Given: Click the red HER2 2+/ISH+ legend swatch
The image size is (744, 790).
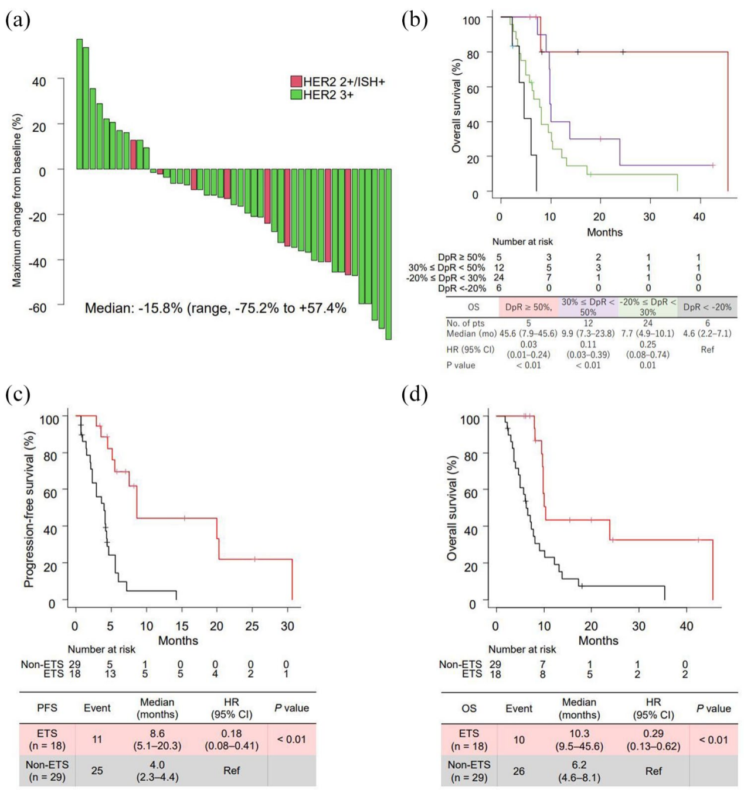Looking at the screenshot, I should tap(296, 81).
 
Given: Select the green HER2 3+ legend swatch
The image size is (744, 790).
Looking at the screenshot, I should tap(296, 94).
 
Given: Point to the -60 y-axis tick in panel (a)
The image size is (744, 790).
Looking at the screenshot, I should tap(38, 307).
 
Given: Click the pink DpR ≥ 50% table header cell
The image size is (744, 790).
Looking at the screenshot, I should tap(528, 307).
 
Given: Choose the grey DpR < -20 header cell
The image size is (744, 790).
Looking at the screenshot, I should tap(707, 307).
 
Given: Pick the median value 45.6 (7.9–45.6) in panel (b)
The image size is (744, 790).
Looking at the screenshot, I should tap(528, 333).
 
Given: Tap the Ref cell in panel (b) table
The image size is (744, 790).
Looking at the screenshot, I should tap(708, 350).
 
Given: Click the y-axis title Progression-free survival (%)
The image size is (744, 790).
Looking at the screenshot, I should tap(29, 509).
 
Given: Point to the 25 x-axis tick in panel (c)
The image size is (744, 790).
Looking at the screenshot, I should tap(252, 626).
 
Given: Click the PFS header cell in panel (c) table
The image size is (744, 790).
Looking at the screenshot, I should tap(47, 708).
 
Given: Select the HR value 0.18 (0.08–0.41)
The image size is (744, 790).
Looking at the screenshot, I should tap(231, 739).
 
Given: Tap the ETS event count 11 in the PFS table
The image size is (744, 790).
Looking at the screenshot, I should tap(97, 739).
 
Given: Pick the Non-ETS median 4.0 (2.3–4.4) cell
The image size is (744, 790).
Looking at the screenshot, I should tap(157, 771).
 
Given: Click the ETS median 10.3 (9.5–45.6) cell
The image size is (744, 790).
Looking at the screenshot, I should tap(579, 740).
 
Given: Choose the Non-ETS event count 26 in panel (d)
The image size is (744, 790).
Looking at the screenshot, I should tap(519, 771).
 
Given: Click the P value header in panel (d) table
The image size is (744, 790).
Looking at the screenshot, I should tap(714, 709).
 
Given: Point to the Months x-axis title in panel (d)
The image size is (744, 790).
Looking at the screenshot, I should tap(598, 641).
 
